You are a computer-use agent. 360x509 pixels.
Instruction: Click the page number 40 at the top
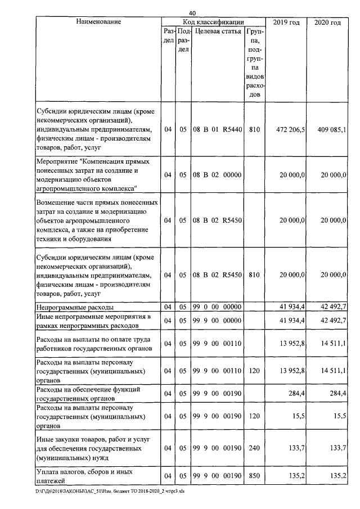pos(192,13)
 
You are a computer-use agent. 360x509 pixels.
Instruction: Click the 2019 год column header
pos(287,22)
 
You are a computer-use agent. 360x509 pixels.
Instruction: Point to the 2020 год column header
pos(328,22)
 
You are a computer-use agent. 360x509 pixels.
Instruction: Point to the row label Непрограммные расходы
pos(75,307)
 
